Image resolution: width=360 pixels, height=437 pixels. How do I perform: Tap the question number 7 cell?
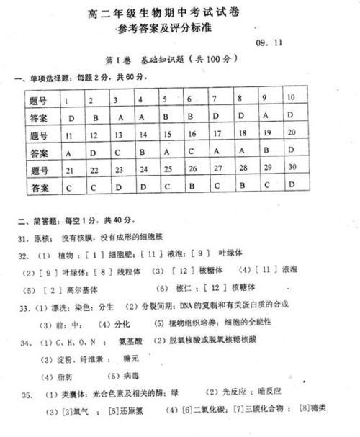[x=214, y=98]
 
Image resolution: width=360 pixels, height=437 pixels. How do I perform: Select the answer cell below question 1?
[x=71, y=117]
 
